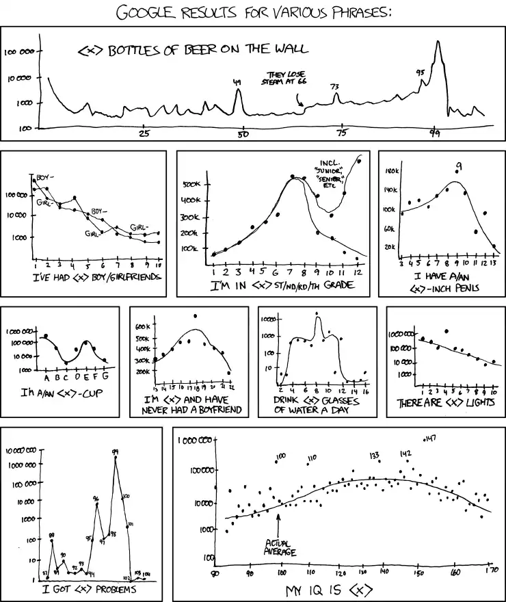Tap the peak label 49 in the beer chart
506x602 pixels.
coord(237,83)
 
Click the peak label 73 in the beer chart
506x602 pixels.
coord(334,87)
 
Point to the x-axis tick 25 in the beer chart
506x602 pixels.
coord(144,135)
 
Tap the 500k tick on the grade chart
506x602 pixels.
coord(191,184)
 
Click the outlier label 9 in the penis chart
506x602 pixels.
coord(459,166)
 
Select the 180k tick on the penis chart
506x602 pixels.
coord(392,170)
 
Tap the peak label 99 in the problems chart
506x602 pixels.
coord(116,451)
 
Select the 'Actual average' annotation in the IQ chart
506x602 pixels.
coord(280,548)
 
